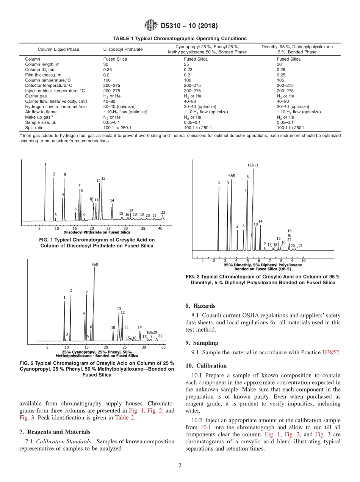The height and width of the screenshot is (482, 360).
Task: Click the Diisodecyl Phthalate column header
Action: tap(123, 49)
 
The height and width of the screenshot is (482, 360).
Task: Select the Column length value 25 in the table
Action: tap(186, 64)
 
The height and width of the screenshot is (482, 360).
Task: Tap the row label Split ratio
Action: tap(34, 128)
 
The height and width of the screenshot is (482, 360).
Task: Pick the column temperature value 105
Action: tap(280, 80)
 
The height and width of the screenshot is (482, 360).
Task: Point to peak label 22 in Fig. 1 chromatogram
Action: tap(163, 213)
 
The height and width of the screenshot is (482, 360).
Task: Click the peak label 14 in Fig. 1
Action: tap(112, 200)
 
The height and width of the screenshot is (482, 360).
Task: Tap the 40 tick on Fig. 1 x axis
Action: tap(160, 228)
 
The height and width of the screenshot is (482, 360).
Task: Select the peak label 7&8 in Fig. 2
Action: tap(94, 264)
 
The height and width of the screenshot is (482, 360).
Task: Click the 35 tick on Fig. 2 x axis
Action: tap(163, 347)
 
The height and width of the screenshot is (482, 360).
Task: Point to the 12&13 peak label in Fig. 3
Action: tap(253, 165)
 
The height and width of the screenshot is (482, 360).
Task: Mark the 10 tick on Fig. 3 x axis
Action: tap(304, 261)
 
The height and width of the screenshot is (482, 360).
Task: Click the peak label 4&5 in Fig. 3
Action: tap(231, 176)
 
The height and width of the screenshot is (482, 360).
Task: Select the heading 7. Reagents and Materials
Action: tap(55, 432)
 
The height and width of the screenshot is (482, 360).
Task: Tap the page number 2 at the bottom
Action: tap(180, 466)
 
